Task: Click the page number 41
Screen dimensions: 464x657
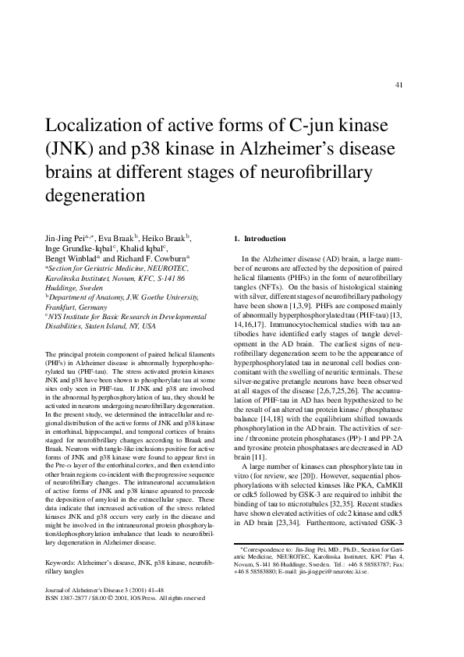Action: point(399,84)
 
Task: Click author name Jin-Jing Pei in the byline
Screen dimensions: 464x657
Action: point(66,237)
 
